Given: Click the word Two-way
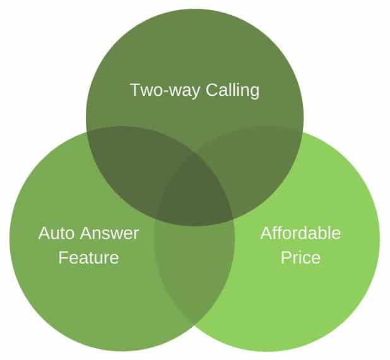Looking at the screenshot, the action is point(165,90).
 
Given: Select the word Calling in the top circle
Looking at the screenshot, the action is point(232,90).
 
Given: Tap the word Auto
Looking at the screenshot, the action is point(56,233).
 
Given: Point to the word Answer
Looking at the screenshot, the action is point(109,233).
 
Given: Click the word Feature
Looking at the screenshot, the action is point(88,257).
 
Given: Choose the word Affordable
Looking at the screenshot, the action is point(300,233).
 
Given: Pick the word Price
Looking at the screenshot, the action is point(300,257).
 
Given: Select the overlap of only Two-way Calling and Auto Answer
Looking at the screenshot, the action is point(132,164).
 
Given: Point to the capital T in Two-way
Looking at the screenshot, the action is point(136,90).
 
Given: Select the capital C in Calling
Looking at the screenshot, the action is point(212,90).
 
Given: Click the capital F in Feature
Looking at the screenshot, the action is point(64,257).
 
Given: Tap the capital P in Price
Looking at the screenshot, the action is point(287,257).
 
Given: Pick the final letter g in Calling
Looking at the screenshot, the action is point(254,93).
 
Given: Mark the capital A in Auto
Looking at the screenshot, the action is point(45,233).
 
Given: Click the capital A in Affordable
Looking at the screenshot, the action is point(267,233).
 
